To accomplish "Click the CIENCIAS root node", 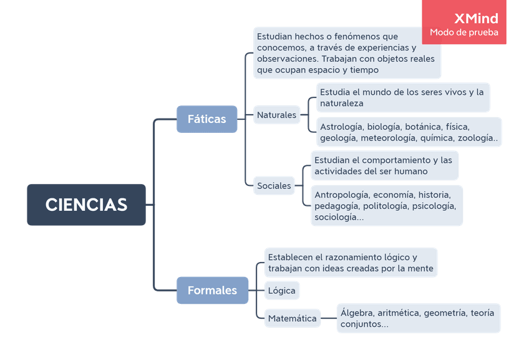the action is click(86, 205).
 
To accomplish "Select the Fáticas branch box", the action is click(206, 119).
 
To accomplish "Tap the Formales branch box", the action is click(212, 290).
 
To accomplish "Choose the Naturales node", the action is click(276, 115).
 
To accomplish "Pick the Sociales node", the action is click(274, 186).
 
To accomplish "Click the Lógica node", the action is click(281, 291).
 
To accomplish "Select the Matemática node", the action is click(292, 319).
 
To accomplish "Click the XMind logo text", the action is click(477, 18).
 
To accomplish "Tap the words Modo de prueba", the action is click(464, 32).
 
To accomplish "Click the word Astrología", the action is click(341, 127).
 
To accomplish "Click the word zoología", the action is click(478, 138).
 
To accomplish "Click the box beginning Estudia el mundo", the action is click(402, 97).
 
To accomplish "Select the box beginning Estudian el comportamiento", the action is click(384, 165).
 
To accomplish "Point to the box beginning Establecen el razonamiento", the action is click(350, 263).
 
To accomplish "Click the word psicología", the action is click(434, 206).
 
